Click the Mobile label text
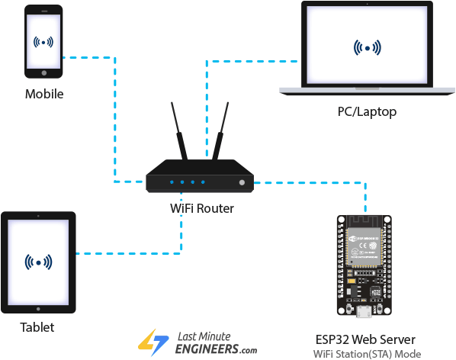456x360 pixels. pyautogui.click(x=43, y=95)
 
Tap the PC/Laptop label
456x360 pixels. pyautogui.click(x=367, y=112)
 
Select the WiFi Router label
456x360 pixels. pyautogui.click(x=201, y=207)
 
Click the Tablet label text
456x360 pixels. pyautogui.click(x=38, y=328)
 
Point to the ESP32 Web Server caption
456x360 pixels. pyautogui.click(x=366, y=339)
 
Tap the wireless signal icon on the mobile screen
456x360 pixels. pyautogui.click(x=43, y=41)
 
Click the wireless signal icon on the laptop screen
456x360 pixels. pyautogui.click(x=368, y=47)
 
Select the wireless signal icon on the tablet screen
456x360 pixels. pyautogui.click(x=38, y=262)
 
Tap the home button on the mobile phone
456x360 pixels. pyautogui.click(x=43, y=74)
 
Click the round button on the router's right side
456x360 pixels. pyautogui.click(x=242, y=183)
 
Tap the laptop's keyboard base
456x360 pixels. pyautogui.click(x=367, y=89)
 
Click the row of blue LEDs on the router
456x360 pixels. pyautogui.click(x=188, y=182)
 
